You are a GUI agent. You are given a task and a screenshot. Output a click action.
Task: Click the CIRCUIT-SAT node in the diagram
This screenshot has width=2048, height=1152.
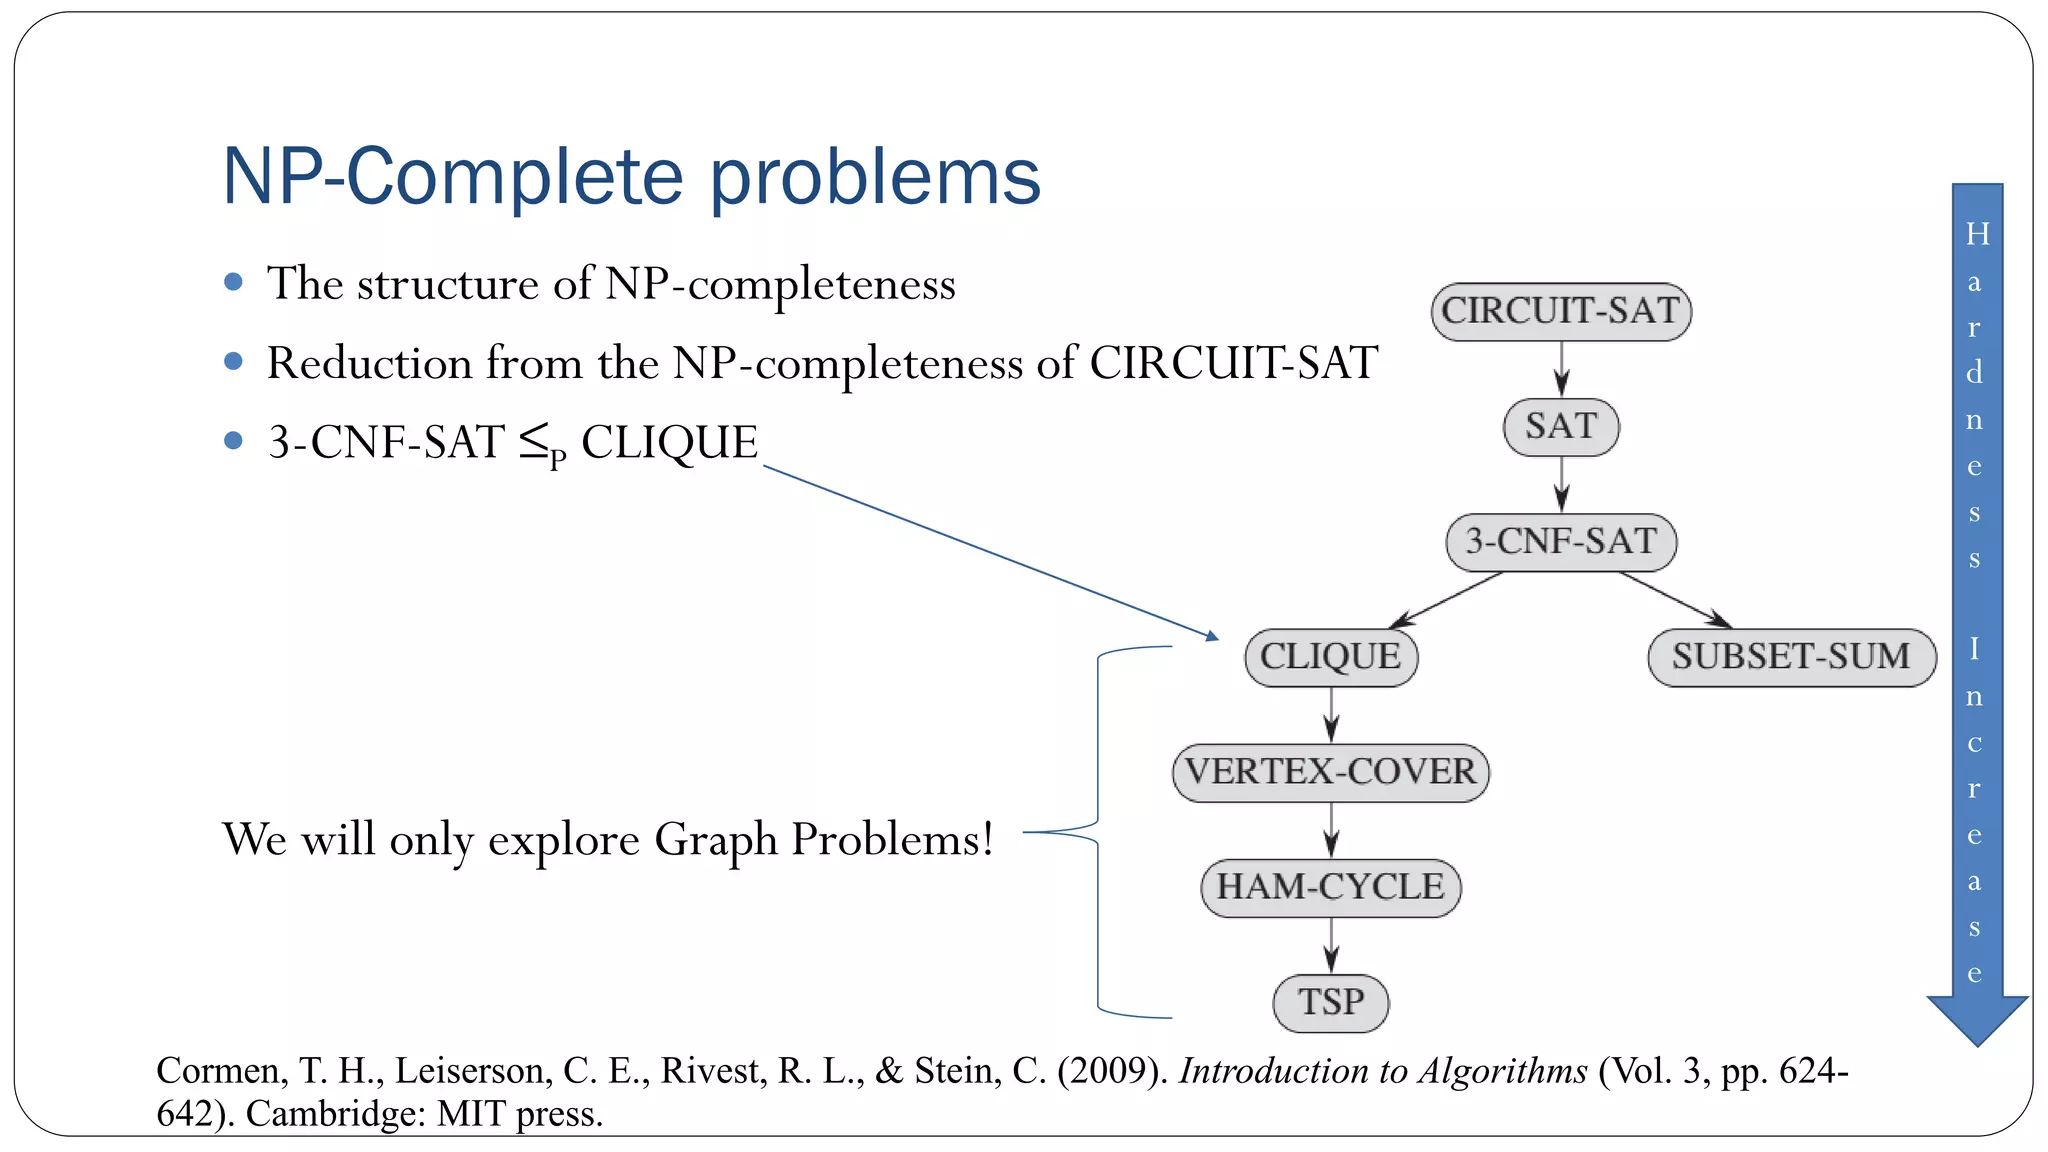pos(1560,312)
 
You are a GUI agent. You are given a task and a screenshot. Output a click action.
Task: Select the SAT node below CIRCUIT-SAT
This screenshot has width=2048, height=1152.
pos(1560,427)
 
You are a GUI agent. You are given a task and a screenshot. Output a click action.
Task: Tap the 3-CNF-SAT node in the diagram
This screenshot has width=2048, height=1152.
pos(1560,542)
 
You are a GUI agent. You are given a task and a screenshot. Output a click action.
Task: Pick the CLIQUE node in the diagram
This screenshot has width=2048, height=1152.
pos(1330,657)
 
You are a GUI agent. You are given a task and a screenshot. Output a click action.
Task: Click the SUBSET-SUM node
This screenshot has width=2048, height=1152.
pos(1791,657)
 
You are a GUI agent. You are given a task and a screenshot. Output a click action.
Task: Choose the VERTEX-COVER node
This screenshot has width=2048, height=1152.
pos(1330,772)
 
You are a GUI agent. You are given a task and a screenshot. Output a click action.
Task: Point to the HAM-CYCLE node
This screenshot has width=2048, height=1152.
pos(1330,887)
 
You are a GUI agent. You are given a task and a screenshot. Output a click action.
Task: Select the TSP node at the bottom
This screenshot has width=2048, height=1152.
pos(1330,1002)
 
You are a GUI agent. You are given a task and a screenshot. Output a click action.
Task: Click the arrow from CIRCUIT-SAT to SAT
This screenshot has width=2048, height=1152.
pos(1561,369)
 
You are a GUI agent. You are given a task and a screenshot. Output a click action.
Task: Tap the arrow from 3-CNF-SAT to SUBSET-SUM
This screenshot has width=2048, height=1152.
pos(1675,600)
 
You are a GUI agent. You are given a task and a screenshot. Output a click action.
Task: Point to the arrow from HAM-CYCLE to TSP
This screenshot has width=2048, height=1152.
pos(1331,945)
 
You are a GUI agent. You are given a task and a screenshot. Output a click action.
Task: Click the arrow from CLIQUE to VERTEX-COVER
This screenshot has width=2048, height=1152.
pos(1331,715)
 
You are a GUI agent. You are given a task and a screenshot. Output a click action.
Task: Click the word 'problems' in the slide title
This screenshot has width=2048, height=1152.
pos(875,178)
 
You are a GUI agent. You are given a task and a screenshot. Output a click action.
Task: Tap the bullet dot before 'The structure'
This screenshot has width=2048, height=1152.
pos(234,282)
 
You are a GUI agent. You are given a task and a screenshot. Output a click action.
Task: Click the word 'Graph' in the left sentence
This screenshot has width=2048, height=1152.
pos(715,839)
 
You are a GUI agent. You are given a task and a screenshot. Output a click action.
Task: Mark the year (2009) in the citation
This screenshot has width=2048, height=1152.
pos(1112,1071)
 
